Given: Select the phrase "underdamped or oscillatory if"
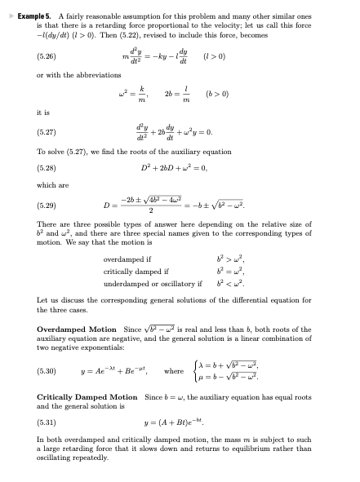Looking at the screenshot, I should tap(153, 284).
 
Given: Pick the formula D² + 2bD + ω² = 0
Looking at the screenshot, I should tap(180, 168).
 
